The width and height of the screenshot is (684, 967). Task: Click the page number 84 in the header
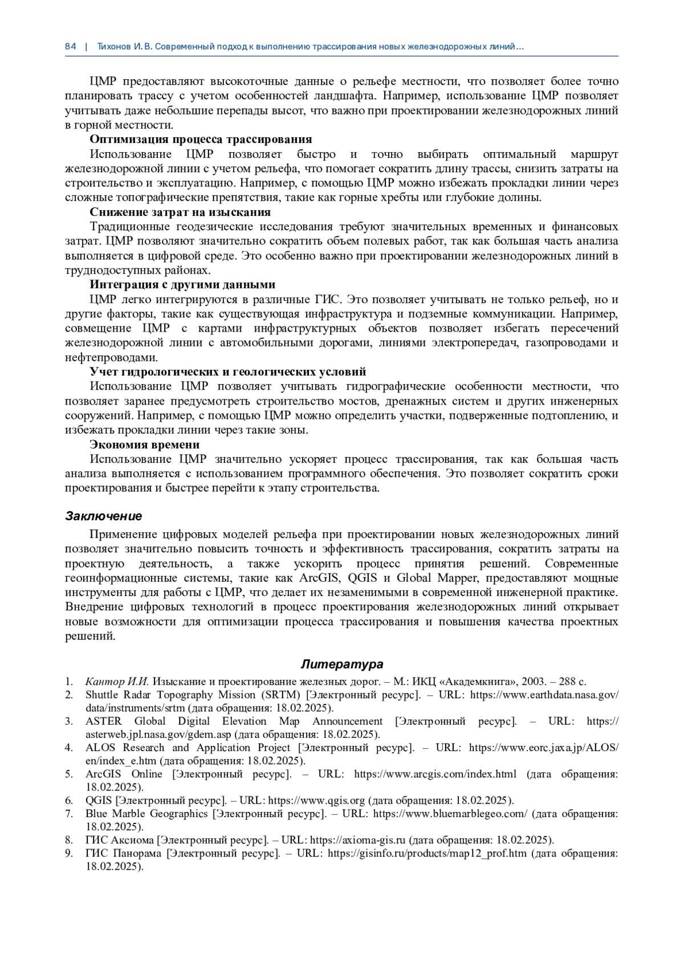click(x=70, y=47)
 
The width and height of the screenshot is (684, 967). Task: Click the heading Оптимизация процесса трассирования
click(x=201, y=140)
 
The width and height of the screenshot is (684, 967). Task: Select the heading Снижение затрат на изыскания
click(x=180, y=213)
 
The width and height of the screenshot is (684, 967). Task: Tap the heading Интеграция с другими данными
click(x=182, y=285)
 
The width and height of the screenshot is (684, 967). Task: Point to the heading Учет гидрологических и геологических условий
click(x=227, y=372)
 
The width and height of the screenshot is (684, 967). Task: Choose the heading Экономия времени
click(x=144, y=444)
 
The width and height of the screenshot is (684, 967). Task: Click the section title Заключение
click(x=103, y=516)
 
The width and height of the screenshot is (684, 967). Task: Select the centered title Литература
click(x=342, y=664)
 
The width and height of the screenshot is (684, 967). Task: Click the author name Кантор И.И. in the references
click(x=117, y=682)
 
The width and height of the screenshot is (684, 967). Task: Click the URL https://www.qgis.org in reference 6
click(x=316, y=801)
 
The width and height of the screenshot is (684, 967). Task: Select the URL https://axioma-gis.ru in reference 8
click(x=357, y=840)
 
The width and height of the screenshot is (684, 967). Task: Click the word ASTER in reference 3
click(x=103, y=721)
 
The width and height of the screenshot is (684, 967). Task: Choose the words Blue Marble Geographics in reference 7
click(x=146, y=814)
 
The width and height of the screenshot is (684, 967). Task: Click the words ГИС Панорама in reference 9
click(x=122, y=854)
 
